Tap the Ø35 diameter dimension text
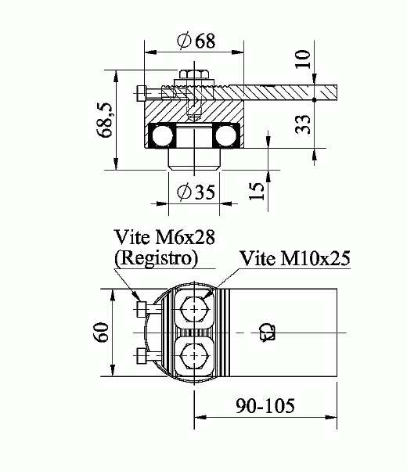click(194, 192)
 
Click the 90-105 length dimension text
click(266, 407)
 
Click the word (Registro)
click(154, 257)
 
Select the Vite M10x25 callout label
click(294, 257)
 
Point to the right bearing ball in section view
click(225, 138)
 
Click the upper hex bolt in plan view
click(193, 310)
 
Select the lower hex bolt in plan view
click(193, 358)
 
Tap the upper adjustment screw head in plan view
click(141, 308)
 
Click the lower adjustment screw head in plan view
click(141, 358)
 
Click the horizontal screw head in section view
click(141, 92)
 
